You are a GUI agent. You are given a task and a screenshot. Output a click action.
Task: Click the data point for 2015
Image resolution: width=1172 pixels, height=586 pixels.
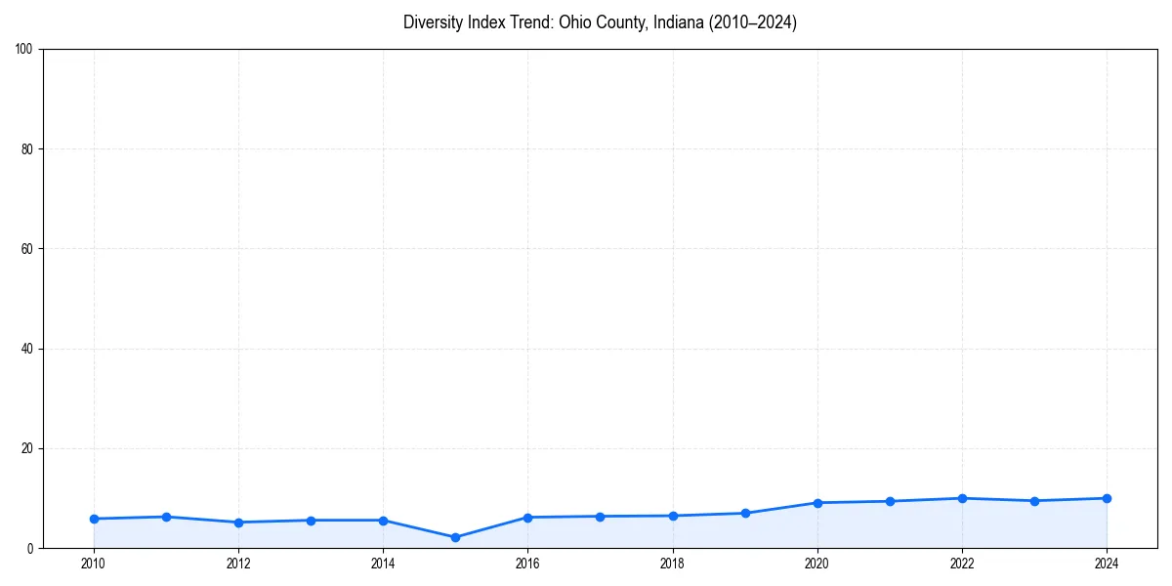(455, 537)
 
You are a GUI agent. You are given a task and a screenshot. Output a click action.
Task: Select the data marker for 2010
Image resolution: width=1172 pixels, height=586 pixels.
(94, 519)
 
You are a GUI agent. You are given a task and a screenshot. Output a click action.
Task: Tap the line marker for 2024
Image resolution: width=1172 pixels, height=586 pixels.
(1107, 498)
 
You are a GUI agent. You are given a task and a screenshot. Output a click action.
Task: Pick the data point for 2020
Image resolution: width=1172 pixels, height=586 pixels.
(817, 503)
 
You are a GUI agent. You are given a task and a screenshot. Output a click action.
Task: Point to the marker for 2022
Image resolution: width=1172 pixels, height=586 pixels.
(962, 498)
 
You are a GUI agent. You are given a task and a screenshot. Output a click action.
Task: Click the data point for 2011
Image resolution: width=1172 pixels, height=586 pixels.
(166, 517)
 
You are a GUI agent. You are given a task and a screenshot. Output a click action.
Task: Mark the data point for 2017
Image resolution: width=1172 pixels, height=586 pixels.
(600, 516)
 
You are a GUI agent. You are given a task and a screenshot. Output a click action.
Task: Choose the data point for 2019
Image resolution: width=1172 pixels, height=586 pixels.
(745, 513)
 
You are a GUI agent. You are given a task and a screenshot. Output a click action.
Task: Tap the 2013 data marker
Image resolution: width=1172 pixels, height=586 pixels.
(311, 520)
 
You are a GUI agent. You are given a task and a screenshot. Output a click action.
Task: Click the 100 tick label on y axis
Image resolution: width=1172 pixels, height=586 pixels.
(24, 50)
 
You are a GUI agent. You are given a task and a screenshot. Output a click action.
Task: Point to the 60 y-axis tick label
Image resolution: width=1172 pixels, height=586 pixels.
(27, 249)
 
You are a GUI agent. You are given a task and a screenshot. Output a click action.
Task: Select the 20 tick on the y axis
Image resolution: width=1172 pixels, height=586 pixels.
(27, 448)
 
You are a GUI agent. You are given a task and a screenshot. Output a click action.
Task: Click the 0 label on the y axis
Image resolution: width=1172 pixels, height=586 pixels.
(30, 548)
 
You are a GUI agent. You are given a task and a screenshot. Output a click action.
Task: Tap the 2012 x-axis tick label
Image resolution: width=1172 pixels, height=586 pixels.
(238, 564)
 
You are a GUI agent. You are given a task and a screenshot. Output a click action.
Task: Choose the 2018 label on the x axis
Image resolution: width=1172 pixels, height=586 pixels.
(673, 564)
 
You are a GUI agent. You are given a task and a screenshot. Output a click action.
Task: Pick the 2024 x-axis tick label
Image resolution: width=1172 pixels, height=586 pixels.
(1107, 564)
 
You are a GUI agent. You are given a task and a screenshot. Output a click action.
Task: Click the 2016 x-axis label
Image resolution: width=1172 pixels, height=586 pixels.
(527, 564)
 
